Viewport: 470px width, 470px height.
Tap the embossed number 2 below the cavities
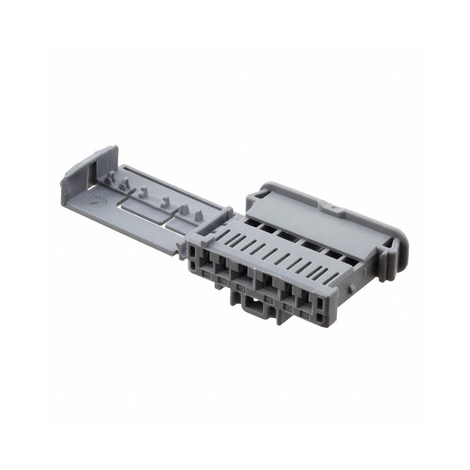[x=223, y=280]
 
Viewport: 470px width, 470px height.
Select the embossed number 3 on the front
[x=241, y=288]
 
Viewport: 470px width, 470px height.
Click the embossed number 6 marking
[x=305, y=315]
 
